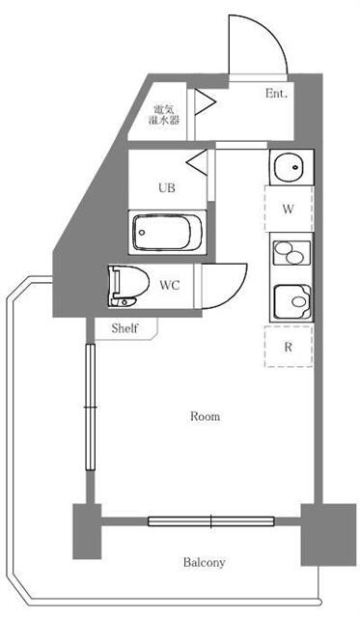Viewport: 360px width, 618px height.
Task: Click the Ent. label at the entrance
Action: pyautogui.click(x=278, y=94)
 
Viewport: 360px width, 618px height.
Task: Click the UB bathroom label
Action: pyautogui.click(x=166, y=189)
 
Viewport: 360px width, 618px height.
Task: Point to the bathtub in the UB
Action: pyautogui.click(x=166, y=233)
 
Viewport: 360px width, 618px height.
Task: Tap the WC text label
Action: pyautogui.click(x=170, y=285)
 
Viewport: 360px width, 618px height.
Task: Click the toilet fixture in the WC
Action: pyautogui.click(x=127, y=285)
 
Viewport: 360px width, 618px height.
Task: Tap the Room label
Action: pyautogui.click(x=204, y=417)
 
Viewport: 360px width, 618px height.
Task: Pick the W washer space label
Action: pyautogui.click(x=288, y=209)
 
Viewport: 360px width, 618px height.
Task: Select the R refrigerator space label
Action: pyautogui.click(x=288, y=345)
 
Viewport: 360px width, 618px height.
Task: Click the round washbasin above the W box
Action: pyautogui.click(x=288, y=169)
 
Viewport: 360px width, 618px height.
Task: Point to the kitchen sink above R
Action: pyautogui.click(x=290, y=301)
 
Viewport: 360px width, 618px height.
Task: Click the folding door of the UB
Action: pyautogui.click(x=198, y=158)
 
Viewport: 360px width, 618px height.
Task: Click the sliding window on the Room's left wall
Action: pyautogui.click(x=90, y=407)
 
